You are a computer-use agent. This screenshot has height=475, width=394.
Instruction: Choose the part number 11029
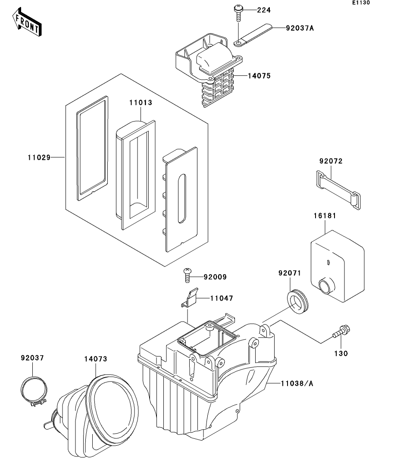[38, 158]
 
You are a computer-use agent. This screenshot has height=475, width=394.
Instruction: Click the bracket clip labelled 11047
[190, 297]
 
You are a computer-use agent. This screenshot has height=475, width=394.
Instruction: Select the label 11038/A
[297, 383]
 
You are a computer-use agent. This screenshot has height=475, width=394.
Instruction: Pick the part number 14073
[95, 359]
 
